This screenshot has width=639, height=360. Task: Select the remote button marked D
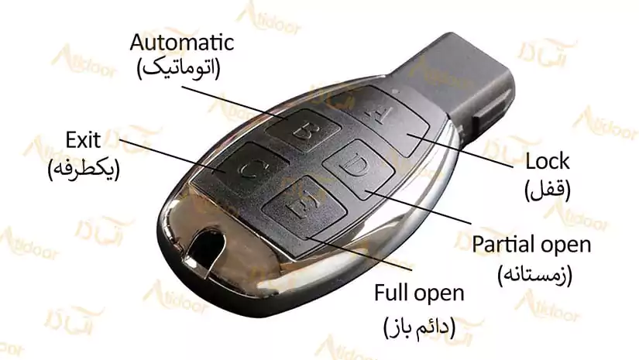(x=359, y=169)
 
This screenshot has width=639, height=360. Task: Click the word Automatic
(x=182, y=43)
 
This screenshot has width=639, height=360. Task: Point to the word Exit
(x=83, y=140)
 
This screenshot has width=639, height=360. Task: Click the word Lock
(x=548, y=161)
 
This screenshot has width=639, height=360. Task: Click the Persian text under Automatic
(x=179, y=68)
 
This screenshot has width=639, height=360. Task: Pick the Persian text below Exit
(x=84, y=170)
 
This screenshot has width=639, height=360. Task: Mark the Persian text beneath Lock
(x=548, y=190)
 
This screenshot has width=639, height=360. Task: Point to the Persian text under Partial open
(x=534, y=274)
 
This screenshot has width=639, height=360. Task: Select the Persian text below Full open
(x=419, y=327)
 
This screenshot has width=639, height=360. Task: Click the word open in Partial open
(x=565, y=245)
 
